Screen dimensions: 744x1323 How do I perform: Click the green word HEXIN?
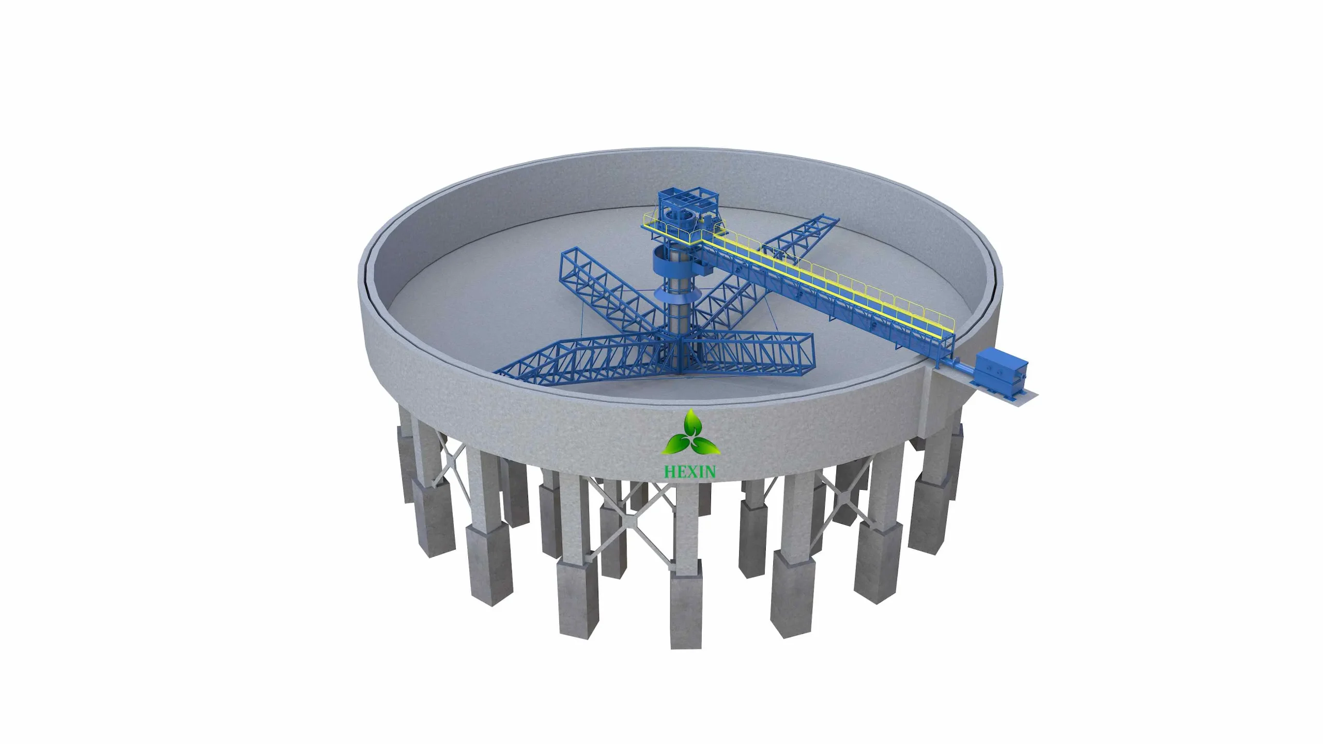tap(690, 471)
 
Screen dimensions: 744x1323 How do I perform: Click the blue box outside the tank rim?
tap(1001, 369)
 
